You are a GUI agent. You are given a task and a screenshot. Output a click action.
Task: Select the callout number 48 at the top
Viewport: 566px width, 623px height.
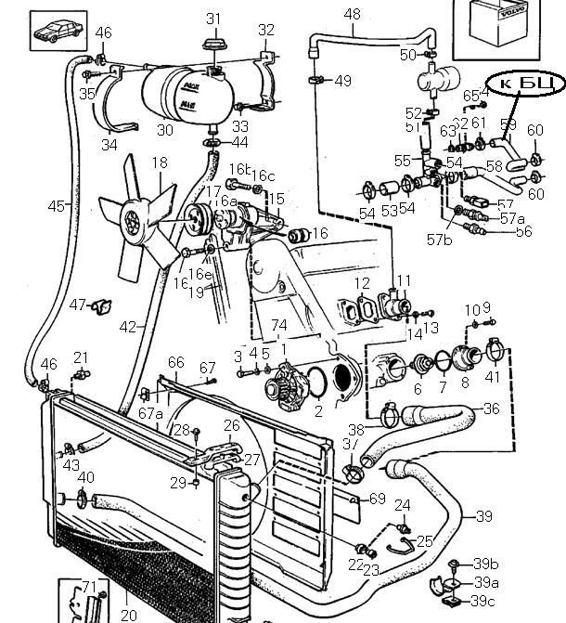pyautogui.click(x=353, y=14)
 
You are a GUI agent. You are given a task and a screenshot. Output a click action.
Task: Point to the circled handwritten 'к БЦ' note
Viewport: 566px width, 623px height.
pyautogui.click(x=525, y=84)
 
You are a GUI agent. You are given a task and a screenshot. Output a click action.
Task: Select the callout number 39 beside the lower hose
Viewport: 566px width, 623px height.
pyautogui.click(x=483, y=516)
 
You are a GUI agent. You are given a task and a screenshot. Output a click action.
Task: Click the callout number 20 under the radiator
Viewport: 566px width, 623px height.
pyautogui.click(x=129, y=614)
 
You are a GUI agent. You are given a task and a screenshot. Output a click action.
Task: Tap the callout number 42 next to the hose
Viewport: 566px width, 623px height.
pyautogui.click(x=128, y=326)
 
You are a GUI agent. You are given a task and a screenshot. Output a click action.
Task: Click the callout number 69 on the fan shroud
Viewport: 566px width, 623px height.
pyautogui.click(x=377, y=500)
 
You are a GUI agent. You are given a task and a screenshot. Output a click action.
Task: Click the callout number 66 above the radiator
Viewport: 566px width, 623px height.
pyautogui.click(x=175, y=362)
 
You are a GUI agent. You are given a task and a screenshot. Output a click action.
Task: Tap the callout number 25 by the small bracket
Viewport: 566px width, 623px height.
pyautogui.click(x=424, y=540)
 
